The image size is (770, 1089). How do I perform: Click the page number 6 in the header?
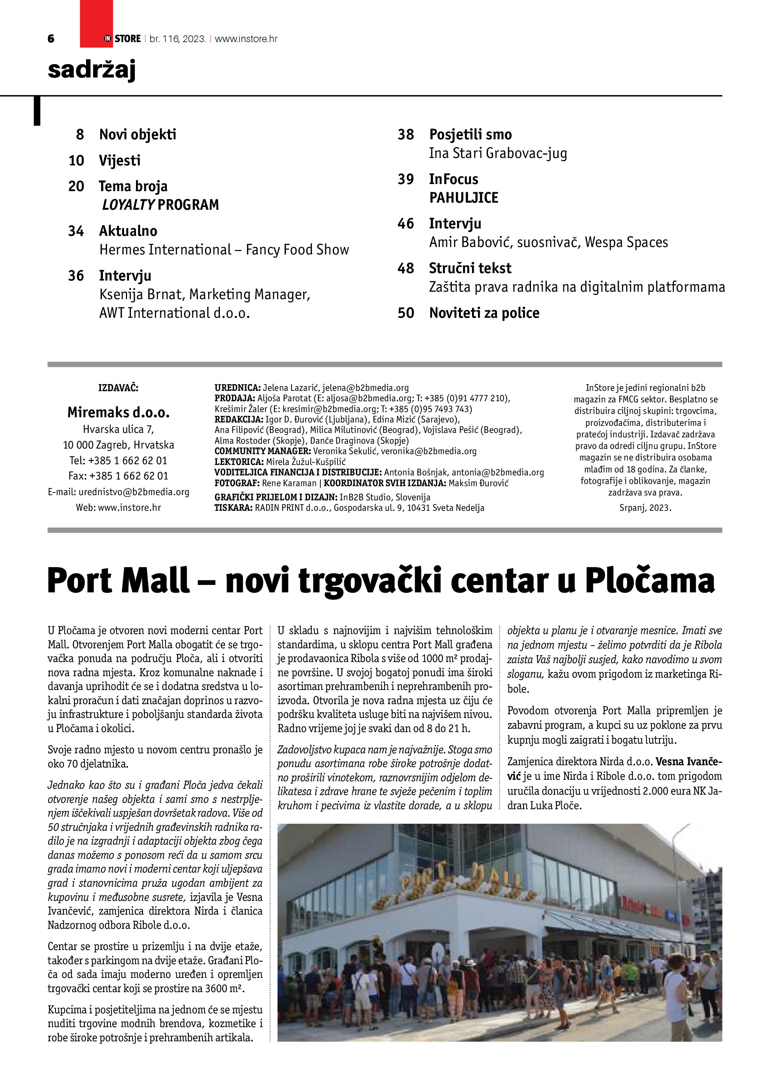(x=51, y=39)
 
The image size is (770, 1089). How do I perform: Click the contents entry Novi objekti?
(x=137, y=135)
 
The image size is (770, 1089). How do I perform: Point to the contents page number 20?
(x=76, y=186)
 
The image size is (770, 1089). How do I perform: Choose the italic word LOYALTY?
(x=128, y=205)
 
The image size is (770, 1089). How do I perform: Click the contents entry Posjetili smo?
(x=470, y=135)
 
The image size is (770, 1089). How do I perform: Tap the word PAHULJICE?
(x=464, y=198)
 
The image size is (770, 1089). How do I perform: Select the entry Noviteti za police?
(x=484, y=313)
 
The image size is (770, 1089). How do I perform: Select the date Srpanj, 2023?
(x=645, y=507)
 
